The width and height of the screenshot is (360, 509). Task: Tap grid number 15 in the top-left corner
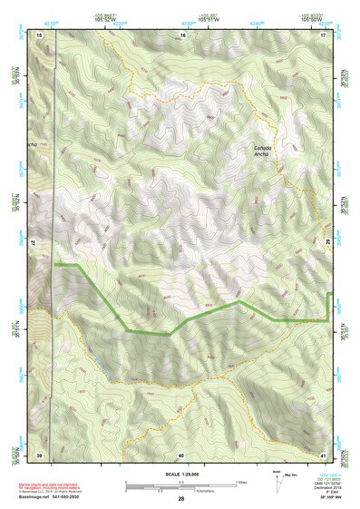click(41, 34)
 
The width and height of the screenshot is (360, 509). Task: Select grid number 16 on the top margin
click(182, 34)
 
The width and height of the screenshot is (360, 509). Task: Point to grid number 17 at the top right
click(323, 34)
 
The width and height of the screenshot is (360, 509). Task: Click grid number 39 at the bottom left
click(40, 454)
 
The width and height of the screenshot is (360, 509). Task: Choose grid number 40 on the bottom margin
click(181, 454)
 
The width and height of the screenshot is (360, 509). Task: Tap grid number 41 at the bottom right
click(323, 454)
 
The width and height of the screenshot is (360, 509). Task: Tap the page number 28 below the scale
click(181, 498)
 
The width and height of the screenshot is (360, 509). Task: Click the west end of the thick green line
click(56, 264)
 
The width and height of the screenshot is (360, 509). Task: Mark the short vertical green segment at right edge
click(327, 306)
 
